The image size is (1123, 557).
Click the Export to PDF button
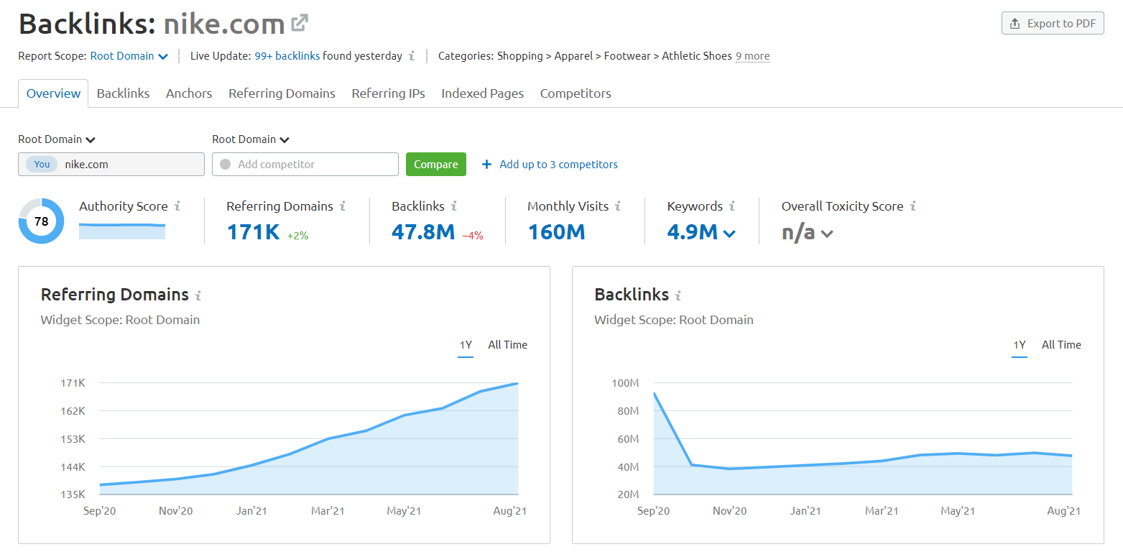pos(1053,24)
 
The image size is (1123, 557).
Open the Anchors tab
pos(189,93)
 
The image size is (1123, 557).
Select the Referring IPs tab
pos(388,93)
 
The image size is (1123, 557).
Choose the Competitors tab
pos(576,93)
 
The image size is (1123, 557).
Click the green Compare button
pos(435,165)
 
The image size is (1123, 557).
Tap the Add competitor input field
pos(305,165)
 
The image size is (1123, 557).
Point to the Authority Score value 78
pos(41,221)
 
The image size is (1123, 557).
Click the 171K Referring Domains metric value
pos(253,232)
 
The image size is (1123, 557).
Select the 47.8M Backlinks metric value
pos(422,232)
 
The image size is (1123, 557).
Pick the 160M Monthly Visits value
pos(556,232)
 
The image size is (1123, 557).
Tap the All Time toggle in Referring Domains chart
pos(507,345)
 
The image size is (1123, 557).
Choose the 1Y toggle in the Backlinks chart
pos(1019,345)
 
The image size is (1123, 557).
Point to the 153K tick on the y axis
pos(73,439)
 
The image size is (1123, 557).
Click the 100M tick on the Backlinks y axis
pos(625,383)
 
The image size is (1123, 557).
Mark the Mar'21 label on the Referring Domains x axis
pos(328,511)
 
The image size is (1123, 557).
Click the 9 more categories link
pos(752,56)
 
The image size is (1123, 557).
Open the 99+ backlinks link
pos(287,56)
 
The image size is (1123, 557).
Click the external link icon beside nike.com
pos(300,24)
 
